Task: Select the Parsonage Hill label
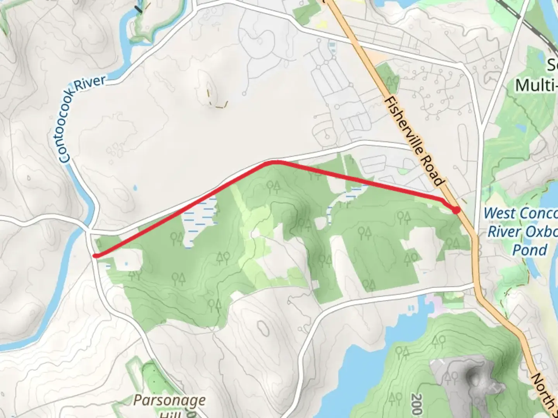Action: [169, 405]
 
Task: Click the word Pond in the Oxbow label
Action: [530, 250]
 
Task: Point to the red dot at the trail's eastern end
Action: [457, 210]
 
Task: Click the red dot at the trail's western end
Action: [96, 255]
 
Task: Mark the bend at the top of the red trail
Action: [274, 162]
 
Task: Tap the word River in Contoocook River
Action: [90, 84]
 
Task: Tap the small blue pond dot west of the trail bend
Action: [135, 188]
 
